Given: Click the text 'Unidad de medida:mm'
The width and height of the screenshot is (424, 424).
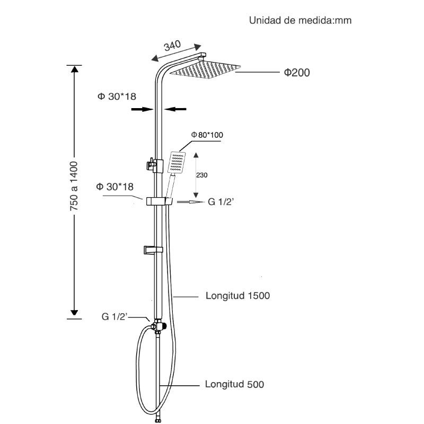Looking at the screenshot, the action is pyautogui.click(x=300, y=21).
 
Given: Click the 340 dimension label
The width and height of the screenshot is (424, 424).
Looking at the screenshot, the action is pyautogui.click(x=172, y=46).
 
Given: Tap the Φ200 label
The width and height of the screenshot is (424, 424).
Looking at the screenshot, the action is pyautogui.click(x=297, y=73).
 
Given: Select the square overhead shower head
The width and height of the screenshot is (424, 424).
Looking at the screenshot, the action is pyautogui.click(x=205, y=69).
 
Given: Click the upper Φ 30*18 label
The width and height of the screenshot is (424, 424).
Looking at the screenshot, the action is pyautogui.click(x=117, y=96).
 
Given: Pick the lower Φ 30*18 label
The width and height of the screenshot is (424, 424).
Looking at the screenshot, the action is pyautogui.click(x=115, y=187).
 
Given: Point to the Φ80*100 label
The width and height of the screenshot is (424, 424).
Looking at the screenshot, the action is pyautogui.click(x=207, y=135).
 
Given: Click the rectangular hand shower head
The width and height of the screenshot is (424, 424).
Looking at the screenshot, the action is pyautogui.click(x=176, y=162).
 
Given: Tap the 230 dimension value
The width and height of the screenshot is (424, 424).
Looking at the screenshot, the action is pyautogui.click(x=202, y=175).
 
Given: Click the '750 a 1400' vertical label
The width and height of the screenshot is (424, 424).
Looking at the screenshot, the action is pyautogui.click(x=74, y=186).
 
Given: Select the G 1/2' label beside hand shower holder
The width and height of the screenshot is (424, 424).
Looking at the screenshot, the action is pyautogui.click(x=220, y=202).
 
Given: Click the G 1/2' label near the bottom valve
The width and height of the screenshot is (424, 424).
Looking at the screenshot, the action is pyautogui.click(x=114, y=316).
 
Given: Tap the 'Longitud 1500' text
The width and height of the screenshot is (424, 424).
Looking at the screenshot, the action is pyautogui.click(x=237, y=296).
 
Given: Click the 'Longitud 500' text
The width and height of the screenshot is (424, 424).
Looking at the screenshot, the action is pyautogui.click(x=234, y=384).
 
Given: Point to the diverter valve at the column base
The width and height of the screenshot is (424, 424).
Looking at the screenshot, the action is pyautogui.click(x=158, y=326).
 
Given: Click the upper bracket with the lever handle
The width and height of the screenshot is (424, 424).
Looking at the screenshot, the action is pyautogui.click(x=155, y=166).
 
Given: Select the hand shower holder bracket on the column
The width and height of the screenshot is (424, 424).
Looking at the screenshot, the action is pyautogui.click(x=159, y=201).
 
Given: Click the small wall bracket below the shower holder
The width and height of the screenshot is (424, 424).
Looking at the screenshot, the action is pyautogui.click(x=153, y=250).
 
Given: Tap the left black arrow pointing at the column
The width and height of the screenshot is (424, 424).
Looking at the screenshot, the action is pyautogui.click(x=142, y=109).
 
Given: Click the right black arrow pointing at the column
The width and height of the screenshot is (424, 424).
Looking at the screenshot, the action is pyautogui.click(x=175, y=109).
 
